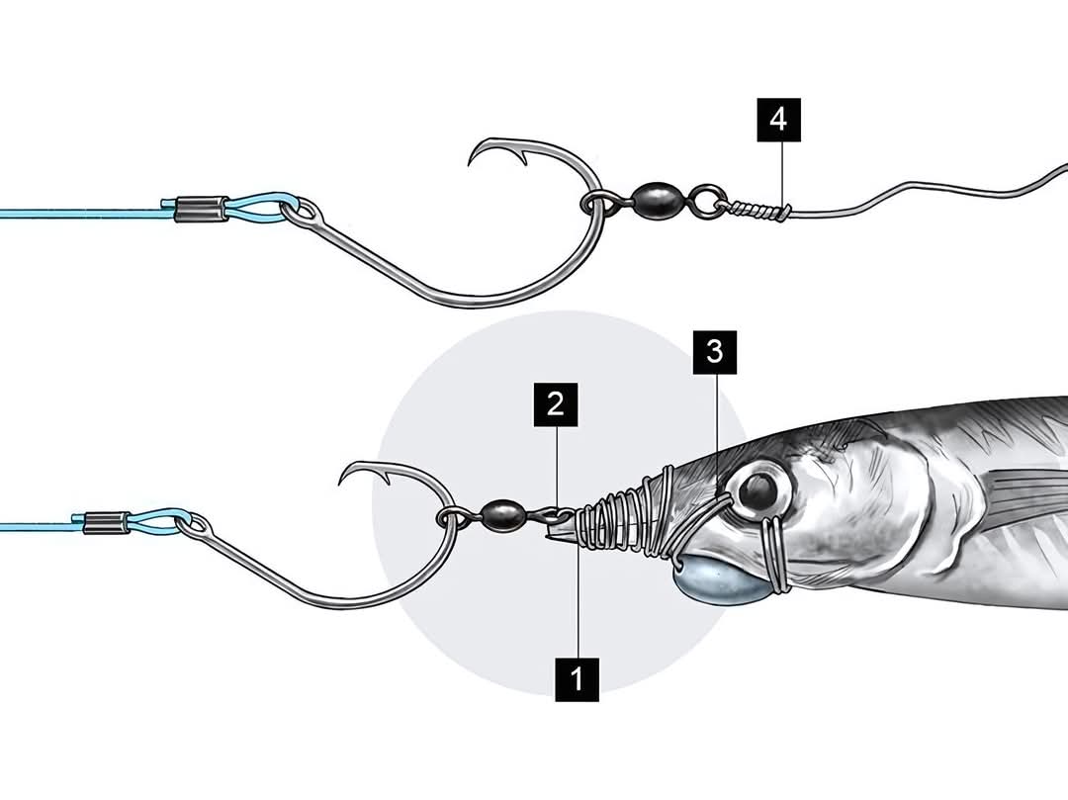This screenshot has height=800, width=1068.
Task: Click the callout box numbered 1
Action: point(577,679)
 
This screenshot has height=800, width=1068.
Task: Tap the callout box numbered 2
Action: point(555,404)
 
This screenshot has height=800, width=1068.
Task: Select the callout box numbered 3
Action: point(715,353)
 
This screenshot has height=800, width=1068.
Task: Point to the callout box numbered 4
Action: point(778,120)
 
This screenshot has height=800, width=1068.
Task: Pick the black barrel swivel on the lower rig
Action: point(501,514)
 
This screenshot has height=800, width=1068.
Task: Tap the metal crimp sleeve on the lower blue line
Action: point(106,522)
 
